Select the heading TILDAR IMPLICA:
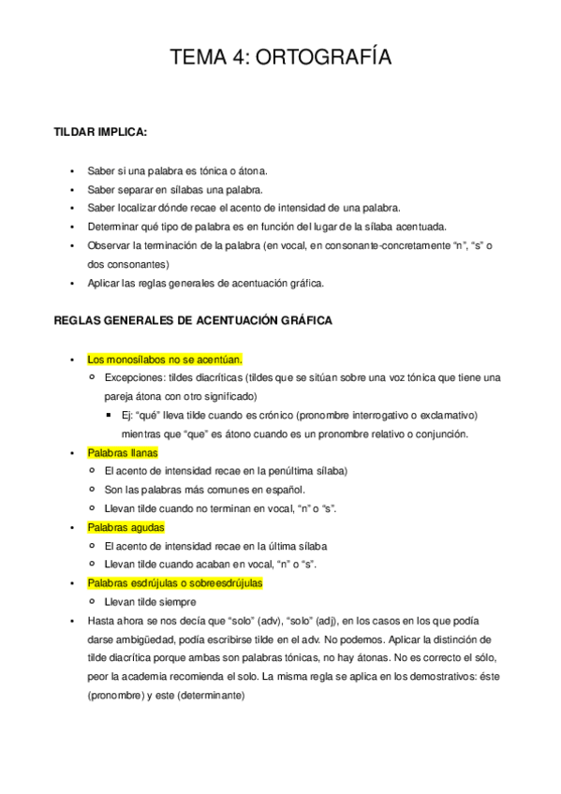pos(101,132)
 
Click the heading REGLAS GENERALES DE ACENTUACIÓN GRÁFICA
pos(191,320)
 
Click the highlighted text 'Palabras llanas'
pos(123,452)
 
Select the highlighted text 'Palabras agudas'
pos(125,527)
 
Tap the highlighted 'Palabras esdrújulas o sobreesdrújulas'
pos(175,583)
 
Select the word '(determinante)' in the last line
pos(205,696)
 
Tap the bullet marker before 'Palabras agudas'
pos(72,527)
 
